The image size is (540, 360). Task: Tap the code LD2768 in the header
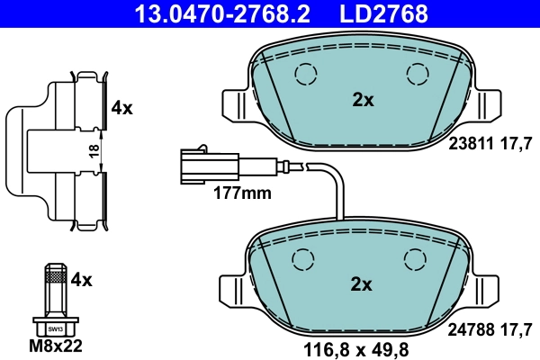(x=382, y=13)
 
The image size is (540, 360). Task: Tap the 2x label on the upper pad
(x=363, y=101)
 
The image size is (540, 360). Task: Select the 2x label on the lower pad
(x=361, y=285)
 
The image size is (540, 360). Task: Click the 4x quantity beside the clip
(x=121, y=109)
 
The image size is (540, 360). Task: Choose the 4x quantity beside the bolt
(x=82, y=280)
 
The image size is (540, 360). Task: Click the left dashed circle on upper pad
(x=307, y=74)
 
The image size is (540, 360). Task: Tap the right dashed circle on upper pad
(x=418, y=74)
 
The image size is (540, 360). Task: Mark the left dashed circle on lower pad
(x=303, y=258)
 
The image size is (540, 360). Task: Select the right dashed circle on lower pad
(x=415, y=258)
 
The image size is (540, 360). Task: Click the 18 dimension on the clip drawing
(x=93, y=151)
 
